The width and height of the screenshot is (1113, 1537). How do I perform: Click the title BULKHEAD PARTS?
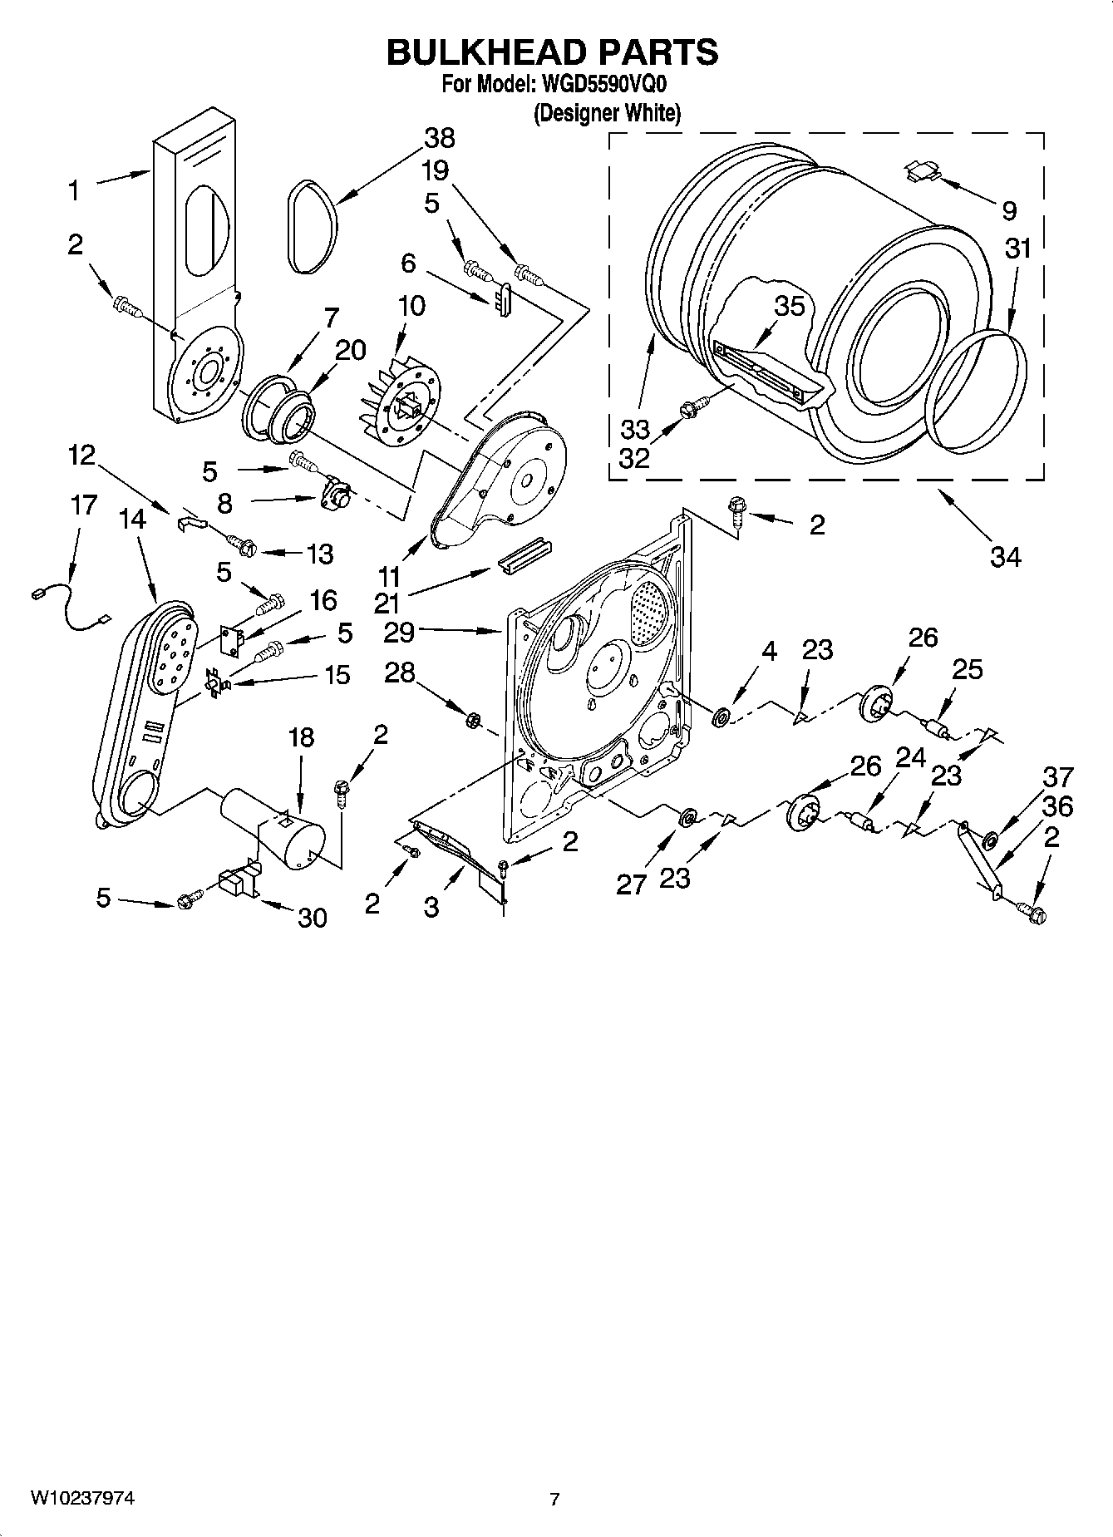click(x=552, y=52)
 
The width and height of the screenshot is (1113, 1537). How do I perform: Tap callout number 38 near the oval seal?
click(x=440, y=138)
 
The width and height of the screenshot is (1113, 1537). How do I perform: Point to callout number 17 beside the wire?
click(x=83, y=505)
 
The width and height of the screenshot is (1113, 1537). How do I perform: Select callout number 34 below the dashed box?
click(x=1004, y=556)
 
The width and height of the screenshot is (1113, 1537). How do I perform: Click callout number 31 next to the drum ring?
click(x=1017, y=248)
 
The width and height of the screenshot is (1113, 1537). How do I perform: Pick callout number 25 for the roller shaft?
click(x=967, y=669)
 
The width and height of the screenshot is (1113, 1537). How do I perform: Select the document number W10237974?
click(x=82, y=1498)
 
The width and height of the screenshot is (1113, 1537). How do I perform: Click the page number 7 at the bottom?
click(x=554, y=1500)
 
